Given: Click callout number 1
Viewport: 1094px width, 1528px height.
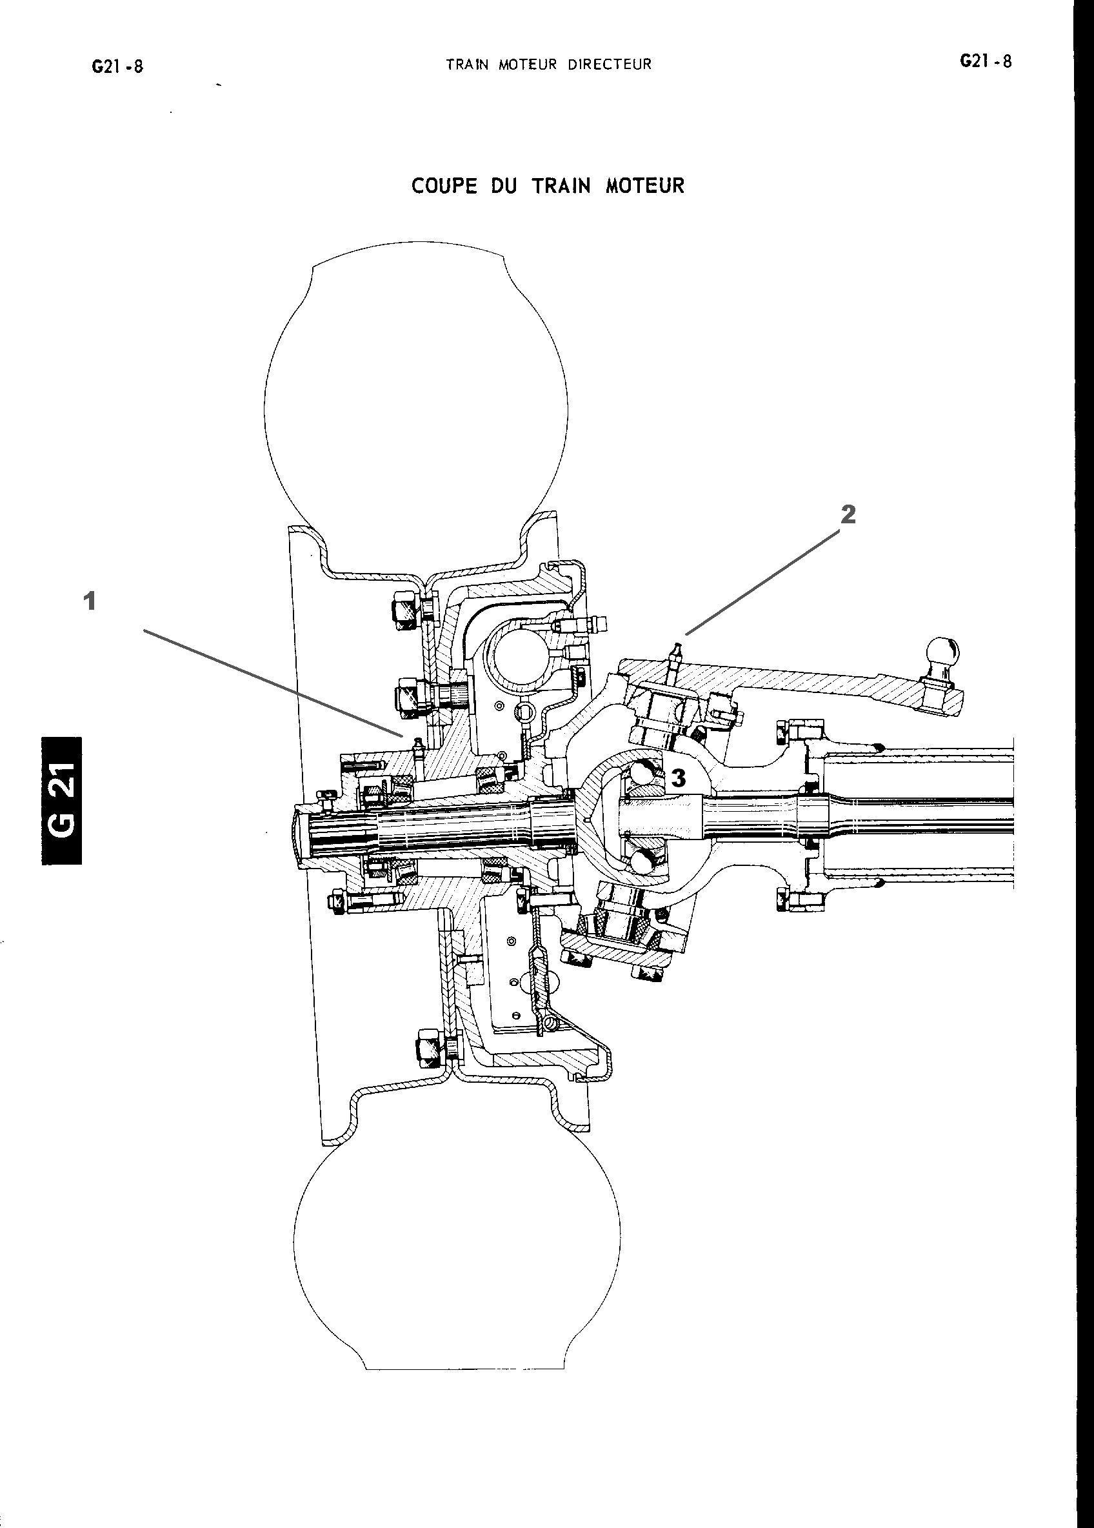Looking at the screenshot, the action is coord(89,601).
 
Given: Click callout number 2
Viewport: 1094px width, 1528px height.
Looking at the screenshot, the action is coord(848,514).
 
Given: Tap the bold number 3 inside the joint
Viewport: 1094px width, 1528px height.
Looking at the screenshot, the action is coord(679,778).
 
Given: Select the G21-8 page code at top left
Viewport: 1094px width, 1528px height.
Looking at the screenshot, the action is coord(118,66).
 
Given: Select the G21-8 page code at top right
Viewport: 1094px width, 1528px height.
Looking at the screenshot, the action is coord(986,61).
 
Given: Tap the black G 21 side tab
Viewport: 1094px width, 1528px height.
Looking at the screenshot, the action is coord(62,800).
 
